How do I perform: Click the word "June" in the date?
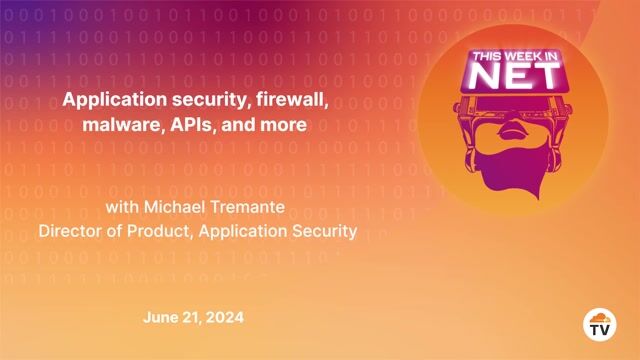pos(161,317)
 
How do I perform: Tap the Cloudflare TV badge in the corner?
pos(599,324)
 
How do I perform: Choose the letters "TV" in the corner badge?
pos(599,329)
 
